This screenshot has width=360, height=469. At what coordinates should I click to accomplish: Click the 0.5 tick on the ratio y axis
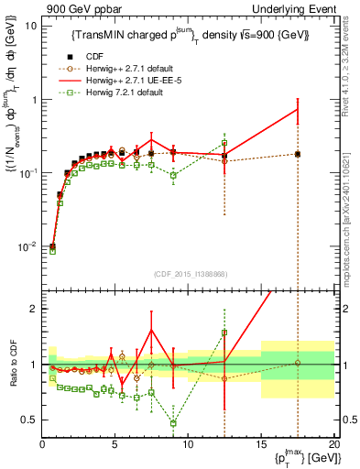pyautogui.click(x=29, y=420)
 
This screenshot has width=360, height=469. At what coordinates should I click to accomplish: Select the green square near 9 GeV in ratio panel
pyautogui.click(x=173, y=423)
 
